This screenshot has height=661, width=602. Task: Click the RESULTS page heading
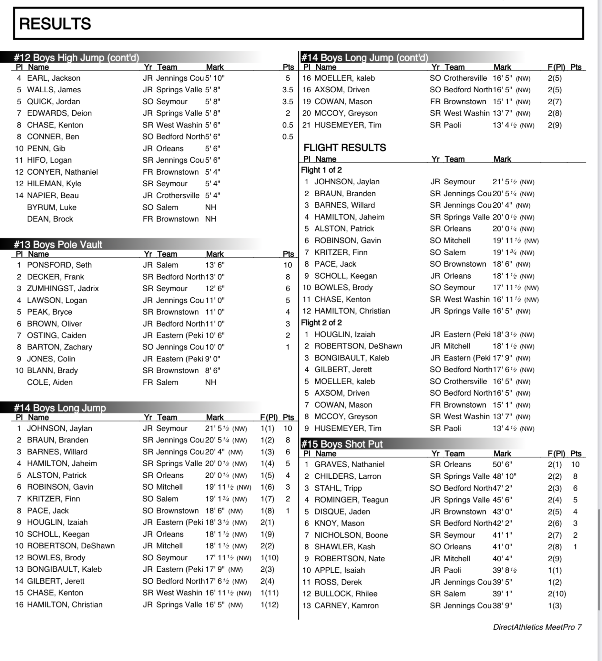pos(55,24)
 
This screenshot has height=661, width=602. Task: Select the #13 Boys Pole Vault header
pos(58,245)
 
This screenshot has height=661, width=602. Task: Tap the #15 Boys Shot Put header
pos(342,444)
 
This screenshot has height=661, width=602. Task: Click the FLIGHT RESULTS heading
pos(345,147)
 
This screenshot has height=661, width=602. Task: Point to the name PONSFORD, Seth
pos(59,265)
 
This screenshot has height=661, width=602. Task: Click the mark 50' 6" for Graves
pos(502,464)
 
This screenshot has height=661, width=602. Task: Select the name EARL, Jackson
pos(54,78)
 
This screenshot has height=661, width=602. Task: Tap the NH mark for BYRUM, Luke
pos(210,207)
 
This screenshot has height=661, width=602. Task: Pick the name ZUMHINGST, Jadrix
pos(63,289)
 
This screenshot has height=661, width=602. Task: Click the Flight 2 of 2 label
pos(321,323)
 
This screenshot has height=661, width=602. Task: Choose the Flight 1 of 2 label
pos(321,170)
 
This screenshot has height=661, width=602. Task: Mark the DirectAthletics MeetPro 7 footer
pos(537,627)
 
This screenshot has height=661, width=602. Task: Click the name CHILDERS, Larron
pos(348,476)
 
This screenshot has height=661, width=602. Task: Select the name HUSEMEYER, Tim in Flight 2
pos(348,428)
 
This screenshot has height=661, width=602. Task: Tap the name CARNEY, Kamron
pos(346,605)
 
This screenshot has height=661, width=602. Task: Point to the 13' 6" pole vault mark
pos(215,265)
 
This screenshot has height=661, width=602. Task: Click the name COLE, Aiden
pos(50,382)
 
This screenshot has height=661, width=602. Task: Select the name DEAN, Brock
pos(50,219)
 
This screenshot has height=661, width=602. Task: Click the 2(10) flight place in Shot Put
pos(557,594)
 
